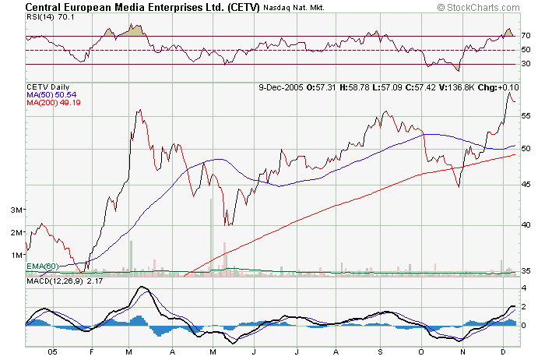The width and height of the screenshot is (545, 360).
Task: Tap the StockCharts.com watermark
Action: (x=487, y=8)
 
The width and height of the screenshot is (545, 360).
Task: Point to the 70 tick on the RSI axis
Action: (x=526, y=36)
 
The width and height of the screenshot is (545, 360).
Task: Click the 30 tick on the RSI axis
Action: (x=526, y=64)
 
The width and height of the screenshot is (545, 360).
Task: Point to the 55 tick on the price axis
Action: (x=526, y=115)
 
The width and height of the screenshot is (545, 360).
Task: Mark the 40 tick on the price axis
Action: (x=526, y=224)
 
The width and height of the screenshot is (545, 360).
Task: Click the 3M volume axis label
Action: (x=16, y=210)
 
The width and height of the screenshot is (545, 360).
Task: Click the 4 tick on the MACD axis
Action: (x=525, y=288)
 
